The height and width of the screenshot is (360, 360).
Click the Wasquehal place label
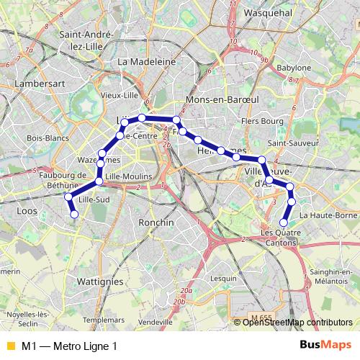click(x=268, y=13)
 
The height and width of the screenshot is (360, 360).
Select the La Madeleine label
click(x=147, y=62)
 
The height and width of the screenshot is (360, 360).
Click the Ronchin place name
click(x=156, y=222)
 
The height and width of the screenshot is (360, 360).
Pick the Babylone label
click(x=294, y=68)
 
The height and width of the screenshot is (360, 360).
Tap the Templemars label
click(x=104, y=319)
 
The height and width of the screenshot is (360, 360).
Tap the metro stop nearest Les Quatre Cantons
click(x=284, y=222)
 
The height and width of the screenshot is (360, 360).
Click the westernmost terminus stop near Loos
click(x=73, y=213)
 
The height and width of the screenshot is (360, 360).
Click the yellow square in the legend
click(x=9, y=346)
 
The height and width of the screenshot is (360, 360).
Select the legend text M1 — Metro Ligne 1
click(x=69, y=346)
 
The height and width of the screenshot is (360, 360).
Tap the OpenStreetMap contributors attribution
click(x=297, y=322)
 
